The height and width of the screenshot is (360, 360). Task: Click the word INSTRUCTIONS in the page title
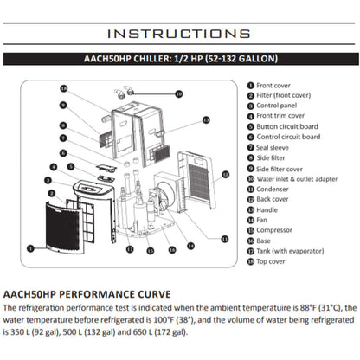click(179, 34)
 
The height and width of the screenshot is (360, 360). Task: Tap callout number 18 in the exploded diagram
click(63, 88)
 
